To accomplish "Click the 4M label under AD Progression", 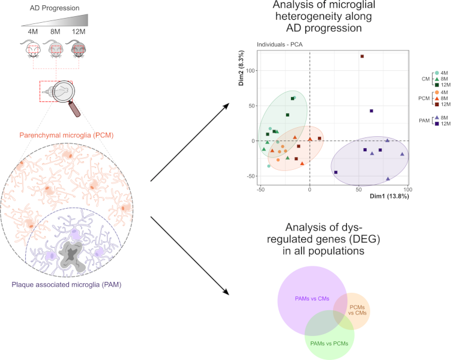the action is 32,31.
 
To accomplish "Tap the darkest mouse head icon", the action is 78,50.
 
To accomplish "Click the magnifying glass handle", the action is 74,109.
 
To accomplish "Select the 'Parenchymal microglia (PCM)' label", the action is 67,135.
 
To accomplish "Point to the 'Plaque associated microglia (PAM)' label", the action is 67,284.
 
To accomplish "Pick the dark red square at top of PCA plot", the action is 362,56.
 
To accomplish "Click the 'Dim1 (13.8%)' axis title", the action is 389,196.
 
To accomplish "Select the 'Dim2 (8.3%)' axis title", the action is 241,68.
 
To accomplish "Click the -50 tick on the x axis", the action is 260,190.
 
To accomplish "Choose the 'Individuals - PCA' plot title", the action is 280,44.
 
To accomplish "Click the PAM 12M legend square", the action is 437,124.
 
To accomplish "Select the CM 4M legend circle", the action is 437,73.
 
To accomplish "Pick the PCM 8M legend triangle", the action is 437,98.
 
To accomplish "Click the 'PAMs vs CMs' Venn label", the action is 312,299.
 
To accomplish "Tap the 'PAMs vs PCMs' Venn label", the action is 329,344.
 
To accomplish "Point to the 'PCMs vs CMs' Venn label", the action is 358,310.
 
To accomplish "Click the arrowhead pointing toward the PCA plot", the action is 226,106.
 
